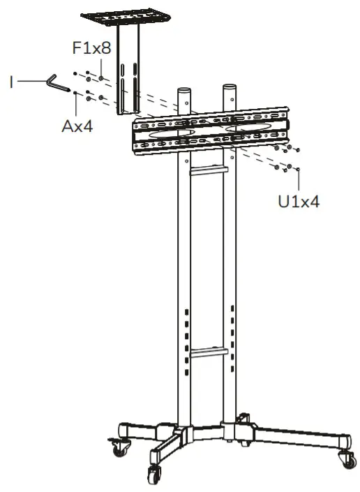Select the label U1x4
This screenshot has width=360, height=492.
click(x=299, y=202)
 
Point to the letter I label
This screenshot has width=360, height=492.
click(x=12, y=82)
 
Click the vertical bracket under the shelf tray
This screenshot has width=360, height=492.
click(x=128, y=77)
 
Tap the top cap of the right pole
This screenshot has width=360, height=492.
click(x=231, y=89)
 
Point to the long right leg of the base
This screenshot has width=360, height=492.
click(x=293, y=433)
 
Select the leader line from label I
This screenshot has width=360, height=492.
click(x=31, y=82)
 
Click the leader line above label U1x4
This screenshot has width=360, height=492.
click(x=299, y=180)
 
